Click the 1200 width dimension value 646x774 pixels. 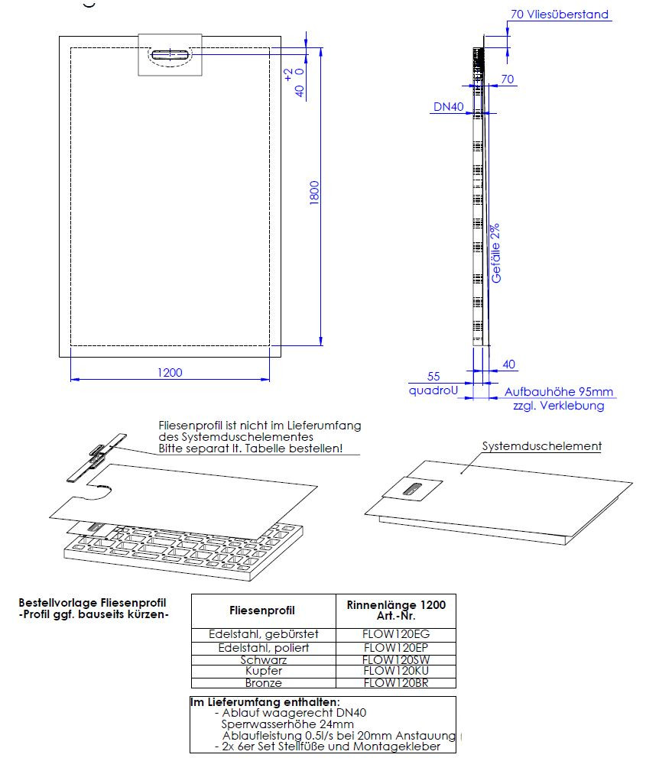[x=170, y=372]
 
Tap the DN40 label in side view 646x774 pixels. [x=449, y=108]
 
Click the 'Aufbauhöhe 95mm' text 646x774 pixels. [x=558, y=391]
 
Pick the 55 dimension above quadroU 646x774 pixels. [x=433, y=376]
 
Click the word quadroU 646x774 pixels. [x=433, y=390]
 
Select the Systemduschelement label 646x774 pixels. [x=541, y=446]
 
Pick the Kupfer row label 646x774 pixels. [x=263, y=671]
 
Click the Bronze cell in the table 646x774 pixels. [x=263, y=682]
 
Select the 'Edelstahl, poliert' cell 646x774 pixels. [x=263, y=647]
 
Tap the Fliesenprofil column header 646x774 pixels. [x=262, y=610]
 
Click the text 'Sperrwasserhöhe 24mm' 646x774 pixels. [x=287, y=724]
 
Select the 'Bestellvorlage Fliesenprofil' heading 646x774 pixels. [x=92, y=603]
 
